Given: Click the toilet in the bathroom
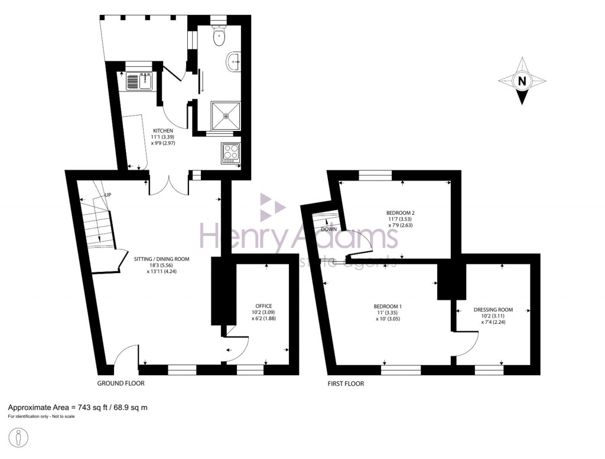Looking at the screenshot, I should [219, 38].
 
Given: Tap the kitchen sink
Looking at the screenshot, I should [140, 80].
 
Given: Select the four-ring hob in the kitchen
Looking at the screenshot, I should [230, 152].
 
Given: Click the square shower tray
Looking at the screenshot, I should [226, 116].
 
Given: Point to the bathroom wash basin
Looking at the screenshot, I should [234, 61].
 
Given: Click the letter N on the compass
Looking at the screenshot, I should [521, 81].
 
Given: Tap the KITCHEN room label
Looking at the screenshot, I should [163, 130].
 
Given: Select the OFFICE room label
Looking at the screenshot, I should [263, 306].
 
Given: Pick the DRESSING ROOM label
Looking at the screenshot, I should [493, 310].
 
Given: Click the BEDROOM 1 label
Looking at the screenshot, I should [388, 306].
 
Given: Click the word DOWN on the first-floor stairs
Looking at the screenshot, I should [329, 229].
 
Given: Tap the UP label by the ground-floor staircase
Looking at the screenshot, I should [108, 195].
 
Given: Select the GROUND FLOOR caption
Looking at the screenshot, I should [121, 383].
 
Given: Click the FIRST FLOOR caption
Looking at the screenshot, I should [346, 383].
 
